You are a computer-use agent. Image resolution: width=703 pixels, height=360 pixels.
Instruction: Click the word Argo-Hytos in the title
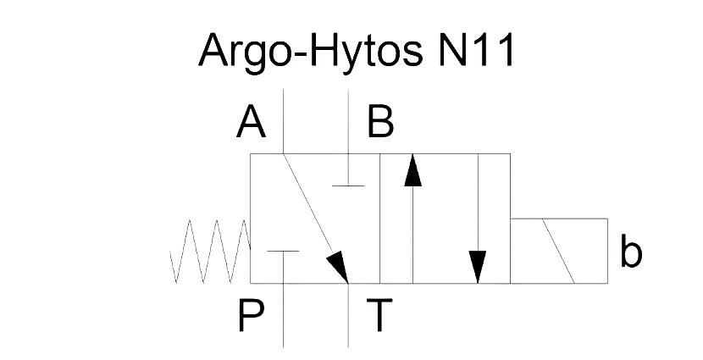310,51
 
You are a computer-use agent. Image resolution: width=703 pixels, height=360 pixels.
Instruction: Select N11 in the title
475,50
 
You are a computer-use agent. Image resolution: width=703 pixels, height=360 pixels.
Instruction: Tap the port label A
251,121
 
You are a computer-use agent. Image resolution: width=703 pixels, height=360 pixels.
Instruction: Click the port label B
380,121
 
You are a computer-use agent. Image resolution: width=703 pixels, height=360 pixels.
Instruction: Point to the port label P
251,316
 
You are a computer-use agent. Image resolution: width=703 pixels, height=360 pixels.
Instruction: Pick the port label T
379,316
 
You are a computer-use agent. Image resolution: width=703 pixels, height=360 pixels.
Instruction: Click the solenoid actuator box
559,251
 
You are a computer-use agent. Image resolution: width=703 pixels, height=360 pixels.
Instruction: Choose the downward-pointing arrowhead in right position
478,267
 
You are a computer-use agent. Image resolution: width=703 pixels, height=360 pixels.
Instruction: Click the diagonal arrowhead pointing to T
339,267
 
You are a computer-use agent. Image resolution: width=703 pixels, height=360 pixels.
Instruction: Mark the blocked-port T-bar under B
348,186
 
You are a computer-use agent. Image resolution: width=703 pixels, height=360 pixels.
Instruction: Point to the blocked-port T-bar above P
283,251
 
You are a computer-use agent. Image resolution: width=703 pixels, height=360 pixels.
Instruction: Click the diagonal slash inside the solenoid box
559,251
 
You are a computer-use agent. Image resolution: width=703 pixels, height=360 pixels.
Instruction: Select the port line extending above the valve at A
284,121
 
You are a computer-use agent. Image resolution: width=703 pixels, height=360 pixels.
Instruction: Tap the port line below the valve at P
284,316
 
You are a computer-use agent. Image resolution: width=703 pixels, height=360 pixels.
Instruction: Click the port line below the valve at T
348,316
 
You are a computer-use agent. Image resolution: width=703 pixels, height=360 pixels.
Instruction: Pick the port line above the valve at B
348,121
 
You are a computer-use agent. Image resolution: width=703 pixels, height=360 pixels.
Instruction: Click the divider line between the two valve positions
380,219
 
